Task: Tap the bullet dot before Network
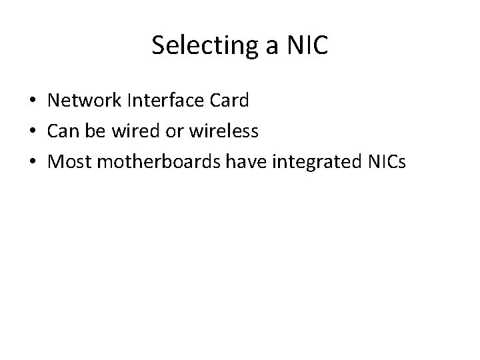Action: point(33,102)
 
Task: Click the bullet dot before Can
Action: point(33,133)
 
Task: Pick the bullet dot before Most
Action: point(33,163)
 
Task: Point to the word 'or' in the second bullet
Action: point(175,133)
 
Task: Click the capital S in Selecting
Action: point(158,45)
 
